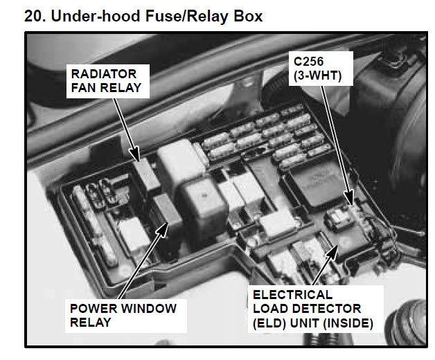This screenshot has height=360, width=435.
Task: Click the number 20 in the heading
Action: point(33,15)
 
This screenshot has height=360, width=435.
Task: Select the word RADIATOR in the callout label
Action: point(102,74)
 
